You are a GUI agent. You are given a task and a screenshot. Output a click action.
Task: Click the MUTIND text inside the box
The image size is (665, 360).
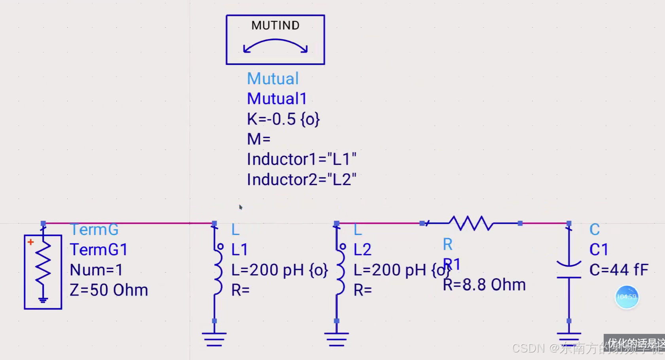(x=275, y=26)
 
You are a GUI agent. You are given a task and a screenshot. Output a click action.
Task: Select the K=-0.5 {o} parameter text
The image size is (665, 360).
(x=283, y=119)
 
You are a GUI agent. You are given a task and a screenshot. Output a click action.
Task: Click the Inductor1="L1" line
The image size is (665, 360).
(x=301, y=159)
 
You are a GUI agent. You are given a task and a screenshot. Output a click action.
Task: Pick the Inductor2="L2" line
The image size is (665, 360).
(x=301, y=180)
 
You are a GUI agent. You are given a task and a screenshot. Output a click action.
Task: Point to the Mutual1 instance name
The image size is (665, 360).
(x=277, y=99)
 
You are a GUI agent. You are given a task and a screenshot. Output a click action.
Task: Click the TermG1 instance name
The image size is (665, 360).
(x=99, y=250)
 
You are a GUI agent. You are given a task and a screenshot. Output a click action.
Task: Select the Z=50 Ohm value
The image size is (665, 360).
(x=109, y=290)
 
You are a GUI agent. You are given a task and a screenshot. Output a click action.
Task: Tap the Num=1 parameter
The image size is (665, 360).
(x=96, y=270)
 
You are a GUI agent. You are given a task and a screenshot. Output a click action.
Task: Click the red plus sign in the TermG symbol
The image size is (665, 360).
(x=30, y=242)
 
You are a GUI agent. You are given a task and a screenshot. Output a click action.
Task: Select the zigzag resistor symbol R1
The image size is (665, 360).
(x=471, y=224)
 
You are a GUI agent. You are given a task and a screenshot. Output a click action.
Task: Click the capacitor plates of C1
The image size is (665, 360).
(x=569, y=271)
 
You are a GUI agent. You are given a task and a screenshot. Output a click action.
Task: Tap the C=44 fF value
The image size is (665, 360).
(x=619, y=270)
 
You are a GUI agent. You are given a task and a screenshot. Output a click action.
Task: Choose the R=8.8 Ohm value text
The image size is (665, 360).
(x=484, y=285)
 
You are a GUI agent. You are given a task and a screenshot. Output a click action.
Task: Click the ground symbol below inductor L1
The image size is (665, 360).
(x=214, y=339)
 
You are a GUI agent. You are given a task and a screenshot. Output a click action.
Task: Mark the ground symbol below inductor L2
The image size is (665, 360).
(x=336, y=339)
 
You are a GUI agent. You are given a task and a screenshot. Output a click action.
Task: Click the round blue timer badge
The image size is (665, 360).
(x=627, y=297)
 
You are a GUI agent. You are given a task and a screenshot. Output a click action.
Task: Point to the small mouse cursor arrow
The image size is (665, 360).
(x=241, y=207)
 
